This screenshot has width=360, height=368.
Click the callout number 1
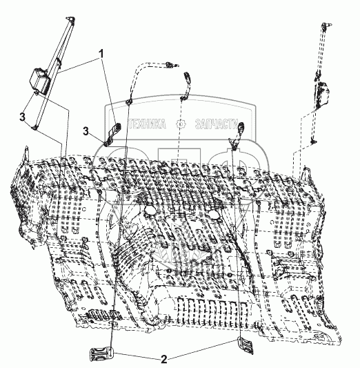(x=101, y=55)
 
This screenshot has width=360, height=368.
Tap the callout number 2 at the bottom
(x=164, y=359)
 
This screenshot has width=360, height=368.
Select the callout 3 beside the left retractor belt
(x=22, y=117)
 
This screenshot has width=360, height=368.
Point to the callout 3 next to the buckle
(x=86, y=131)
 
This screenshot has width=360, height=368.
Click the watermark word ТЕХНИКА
(x=147, y=124)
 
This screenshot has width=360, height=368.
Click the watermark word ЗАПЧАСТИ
(x=217, y=124)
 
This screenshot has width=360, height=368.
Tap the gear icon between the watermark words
(x=181, y=124)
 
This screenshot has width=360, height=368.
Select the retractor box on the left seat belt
(x=39, y=79)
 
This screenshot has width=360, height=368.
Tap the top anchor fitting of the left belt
(x=71, y=19)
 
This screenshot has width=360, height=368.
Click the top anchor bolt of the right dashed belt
(x=327, y=26)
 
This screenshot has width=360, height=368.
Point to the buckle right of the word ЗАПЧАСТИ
(x=237, y=136)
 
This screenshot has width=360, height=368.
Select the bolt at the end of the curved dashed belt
(x=172, y=64)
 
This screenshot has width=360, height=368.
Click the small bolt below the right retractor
(x=313, y=142)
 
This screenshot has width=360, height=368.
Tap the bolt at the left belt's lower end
(x=34, y=128)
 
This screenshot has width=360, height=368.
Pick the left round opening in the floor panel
(x=150, y=210)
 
